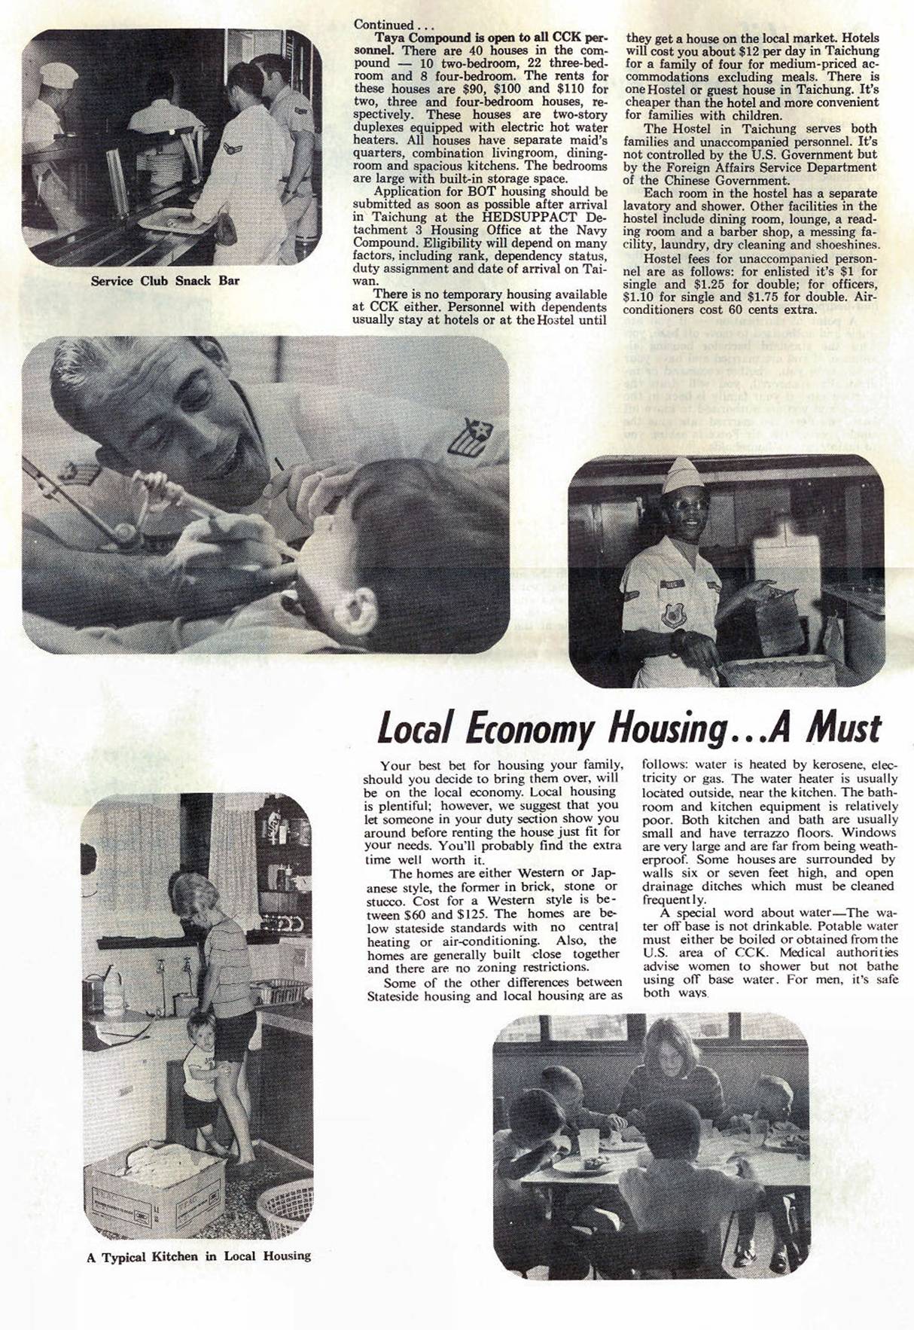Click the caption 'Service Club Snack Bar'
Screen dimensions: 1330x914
(165, 281)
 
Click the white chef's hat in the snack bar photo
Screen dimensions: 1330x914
(58, 75)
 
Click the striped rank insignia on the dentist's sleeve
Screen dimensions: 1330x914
(468, 438)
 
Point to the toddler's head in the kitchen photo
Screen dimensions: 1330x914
(199, 1027)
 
